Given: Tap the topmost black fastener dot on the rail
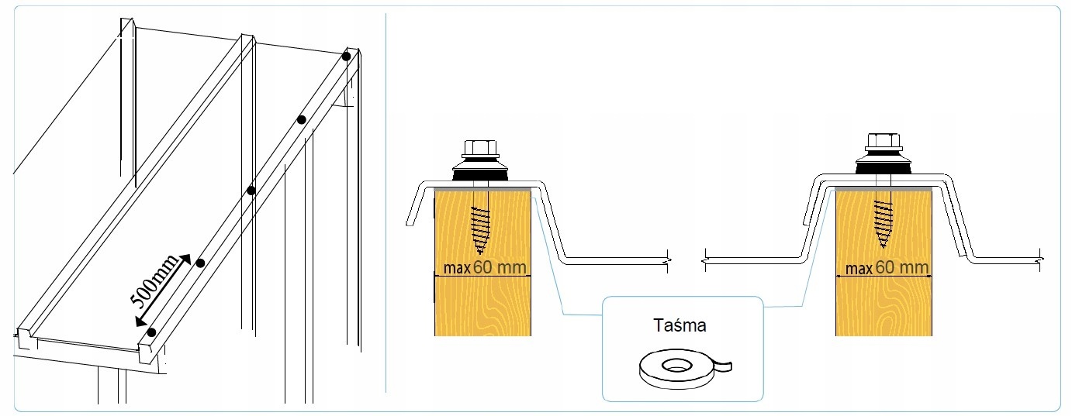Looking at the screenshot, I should click(346, 56).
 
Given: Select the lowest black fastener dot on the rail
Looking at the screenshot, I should click(151, 332).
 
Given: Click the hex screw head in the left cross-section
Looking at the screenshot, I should click(482, 149).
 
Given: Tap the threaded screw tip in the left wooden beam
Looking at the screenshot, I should click(482, 229).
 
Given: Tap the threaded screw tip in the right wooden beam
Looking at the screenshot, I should click(882, 225).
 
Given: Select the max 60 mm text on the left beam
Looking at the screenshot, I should click(486, 268).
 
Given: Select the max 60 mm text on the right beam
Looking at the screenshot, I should click(887, 268).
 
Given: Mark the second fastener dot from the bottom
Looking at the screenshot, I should click(200, 263).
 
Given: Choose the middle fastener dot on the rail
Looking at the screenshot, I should click(251, 190).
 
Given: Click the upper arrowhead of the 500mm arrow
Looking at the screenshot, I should click(185, 259).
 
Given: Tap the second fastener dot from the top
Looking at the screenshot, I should click(301, 119).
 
